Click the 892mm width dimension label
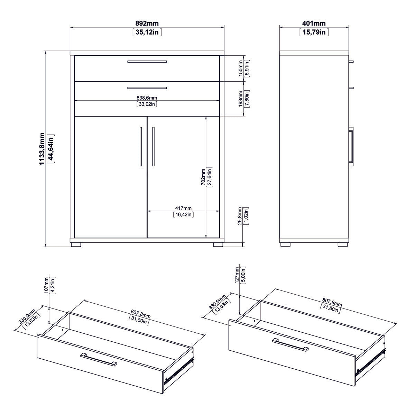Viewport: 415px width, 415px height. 147,24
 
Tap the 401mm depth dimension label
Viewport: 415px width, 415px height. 314,24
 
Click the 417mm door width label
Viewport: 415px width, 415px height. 183,208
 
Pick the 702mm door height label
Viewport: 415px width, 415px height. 203,177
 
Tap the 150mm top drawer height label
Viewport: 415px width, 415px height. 241,68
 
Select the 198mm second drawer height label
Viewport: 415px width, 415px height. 241,99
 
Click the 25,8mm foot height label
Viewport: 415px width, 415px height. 240,216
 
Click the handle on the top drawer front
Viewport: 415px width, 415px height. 147,62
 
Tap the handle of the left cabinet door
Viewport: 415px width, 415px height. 140,147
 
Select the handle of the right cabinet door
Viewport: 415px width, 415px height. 153,147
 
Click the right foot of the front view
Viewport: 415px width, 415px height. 218,244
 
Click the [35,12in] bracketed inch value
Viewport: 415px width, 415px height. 147,33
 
